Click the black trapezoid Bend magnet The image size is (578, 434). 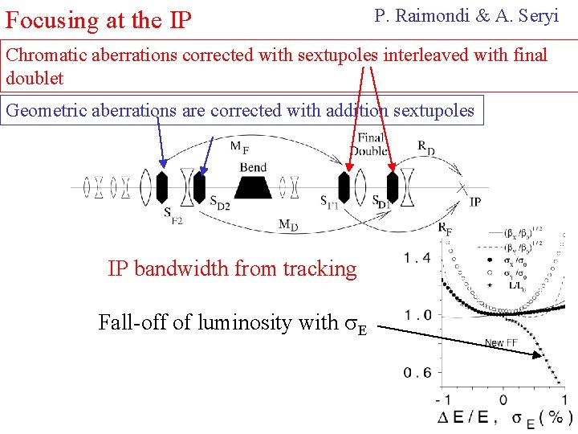[x=254, y=187]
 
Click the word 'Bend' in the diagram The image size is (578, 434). [x=254, y=167]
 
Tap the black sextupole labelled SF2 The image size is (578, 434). [x=161, y=186]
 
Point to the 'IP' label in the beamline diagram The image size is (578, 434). [x=475, y=202]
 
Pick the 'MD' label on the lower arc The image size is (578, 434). [x=288, y=224]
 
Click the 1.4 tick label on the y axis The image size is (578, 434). [x=417, y=257]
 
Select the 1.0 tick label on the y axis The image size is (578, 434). [x=417, y=314]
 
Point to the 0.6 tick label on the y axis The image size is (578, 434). [x=417, y=372]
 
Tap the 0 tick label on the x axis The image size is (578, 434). [x=503, y=399]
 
